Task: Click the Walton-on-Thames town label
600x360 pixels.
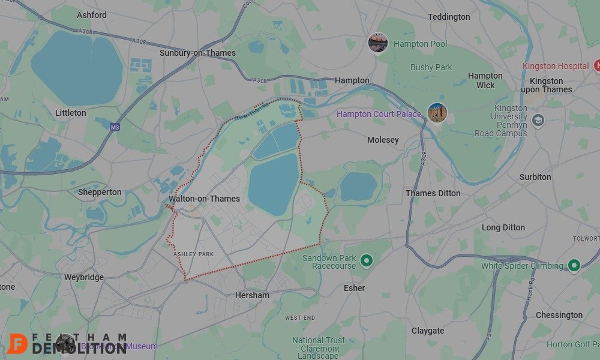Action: [x=204, y=199]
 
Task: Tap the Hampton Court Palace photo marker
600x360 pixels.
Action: [x=437, y=112]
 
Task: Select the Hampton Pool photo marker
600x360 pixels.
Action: [x=377, y=43]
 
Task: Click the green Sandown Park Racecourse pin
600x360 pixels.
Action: [x=367, y=260]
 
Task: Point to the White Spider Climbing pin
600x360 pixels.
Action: [x=574, y=265]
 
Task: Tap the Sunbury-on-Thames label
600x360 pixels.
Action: [x=197, y=53]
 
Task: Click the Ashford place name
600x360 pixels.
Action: [x=92, y=15]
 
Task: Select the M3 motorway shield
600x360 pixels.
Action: [x=116, y=127]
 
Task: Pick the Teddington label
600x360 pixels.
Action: [x=449, y=17]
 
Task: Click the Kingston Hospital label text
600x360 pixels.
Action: [x=556, y=66]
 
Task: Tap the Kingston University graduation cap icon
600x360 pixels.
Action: [x=538, y=119]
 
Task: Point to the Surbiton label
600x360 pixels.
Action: [x=535, y=177]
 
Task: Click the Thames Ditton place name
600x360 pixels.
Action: [x=433, y=193]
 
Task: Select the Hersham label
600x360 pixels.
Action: [x=252, y=295]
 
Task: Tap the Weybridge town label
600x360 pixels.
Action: [x=84, y=277]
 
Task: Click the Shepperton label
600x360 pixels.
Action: [x=100, y=193]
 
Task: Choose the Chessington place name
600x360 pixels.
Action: [x=559, y=315]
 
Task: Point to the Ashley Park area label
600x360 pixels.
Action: [x=194, y=254]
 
